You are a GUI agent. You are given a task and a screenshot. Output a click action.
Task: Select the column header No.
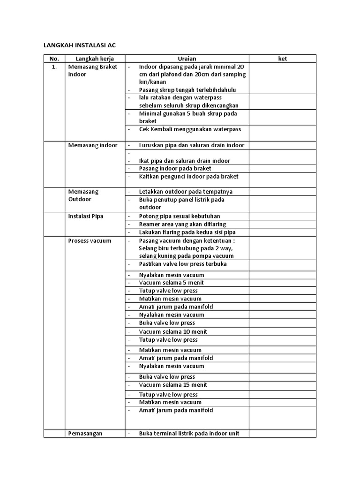[54, 59]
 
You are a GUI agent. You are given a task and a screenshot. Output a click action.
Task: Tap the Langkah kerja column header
[95, 59]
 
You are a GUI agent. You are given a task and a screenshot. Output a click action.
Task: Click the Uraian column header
[187, 59]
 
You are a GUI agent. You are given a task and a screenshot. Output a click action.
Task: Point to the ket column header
[282, 59]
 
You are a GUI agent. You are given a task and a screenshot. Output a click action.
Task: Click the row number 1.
[54, 67]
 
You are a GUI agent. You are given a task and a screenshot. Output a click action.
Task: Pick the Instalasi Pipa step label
[86, 216]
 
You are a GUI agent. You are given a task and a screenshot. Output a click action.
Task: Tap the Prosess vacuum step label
[90, 240]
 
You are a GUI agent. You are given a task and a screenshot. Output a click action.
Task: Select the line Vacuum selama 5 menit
[171, 283]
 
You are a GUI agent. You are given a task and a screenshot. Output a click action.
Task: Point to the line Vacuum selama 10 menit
[173, 331]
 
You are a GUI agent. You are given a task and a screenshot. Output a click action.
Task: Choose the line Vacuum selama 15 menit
[173, 385]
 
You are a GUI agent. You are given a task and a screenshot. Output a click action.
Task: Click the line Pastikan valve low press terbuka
[183, 264]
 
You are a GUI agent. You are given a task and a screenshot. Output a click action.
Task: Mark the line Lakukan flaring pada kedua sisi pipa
[187, 232]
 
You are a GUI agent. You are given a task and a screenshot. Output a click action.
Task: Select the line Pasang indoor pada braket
[175, 168]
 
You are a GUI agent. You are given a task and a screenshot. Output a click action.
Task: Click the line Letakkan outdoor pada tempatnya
[186, 192]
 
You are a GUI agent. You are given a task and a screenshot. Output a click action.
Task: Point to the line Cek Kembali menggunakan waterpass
[190, 129]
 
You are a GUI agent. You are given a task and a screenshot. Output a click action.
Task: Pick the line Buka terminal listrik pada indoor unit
[189, 434]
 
